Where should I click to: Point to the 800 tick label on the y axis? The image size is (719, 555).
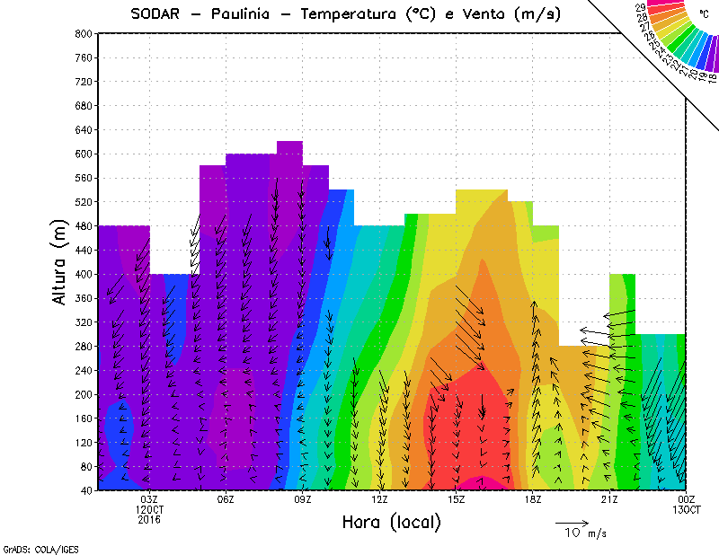[x=83, y=33]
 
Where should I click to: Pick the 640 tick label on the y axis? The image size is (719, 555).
[x=83, y=129]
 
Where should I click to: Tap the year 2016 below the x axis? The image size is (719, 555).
[x=149, y=519]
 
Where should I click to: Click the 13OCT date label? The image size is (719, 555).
[x=686, y=510]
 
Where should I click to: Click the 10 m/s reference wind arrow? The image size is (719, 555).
[x=571, y=521]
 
